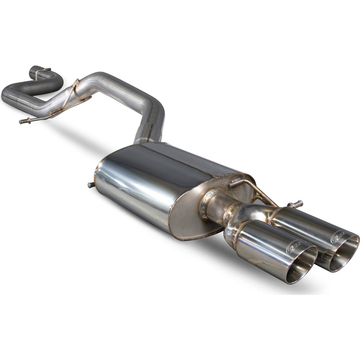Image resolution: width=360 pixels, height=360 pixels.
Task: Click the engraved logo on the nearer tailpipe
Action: tap(294, 247)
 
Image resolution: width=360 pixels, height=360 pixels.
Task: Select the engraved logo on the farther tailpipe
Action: tap(339, 236)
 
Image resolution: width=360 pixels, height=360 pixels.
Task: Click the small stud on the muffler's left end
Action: tap(90, 185)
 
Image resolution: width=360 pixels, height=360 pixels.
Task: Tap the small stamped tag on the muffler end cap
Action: tap(236, 179)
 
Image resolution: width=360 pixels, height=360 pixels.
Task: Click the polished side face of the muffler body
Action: tap(133, 187)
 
